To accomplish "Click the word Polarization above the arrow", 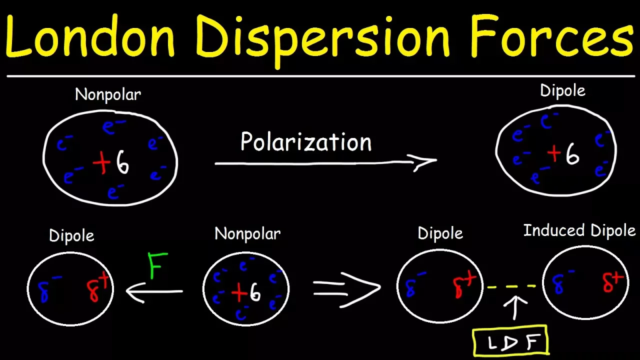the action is [306, 142].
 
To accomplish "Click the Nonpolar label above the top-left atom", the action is [108, 94].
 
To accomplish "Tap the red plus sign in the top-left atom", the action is [101, 163].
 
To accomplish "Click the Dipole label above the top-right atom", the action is [562, 90].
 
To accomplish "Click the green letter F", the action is [156, 265].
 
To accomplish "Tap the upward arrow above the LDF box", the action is [515, 306].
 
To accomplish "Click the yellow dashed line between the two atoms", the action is [511, 287].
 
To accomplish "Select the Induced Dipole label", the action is [579, 230].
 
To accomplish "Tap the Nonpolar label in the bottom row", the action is [247, 233].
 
